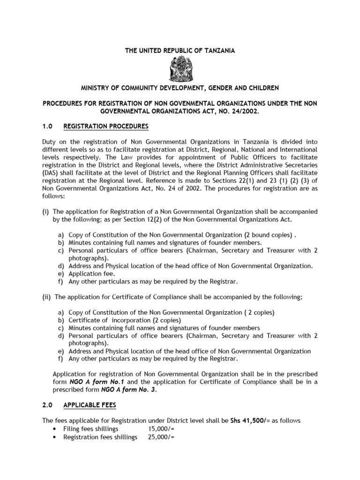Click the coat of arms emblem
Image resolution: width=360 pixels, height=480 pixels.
coord(180,68)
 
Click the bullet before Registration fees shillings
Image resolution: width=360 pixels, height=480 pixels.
coord(57,437)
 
